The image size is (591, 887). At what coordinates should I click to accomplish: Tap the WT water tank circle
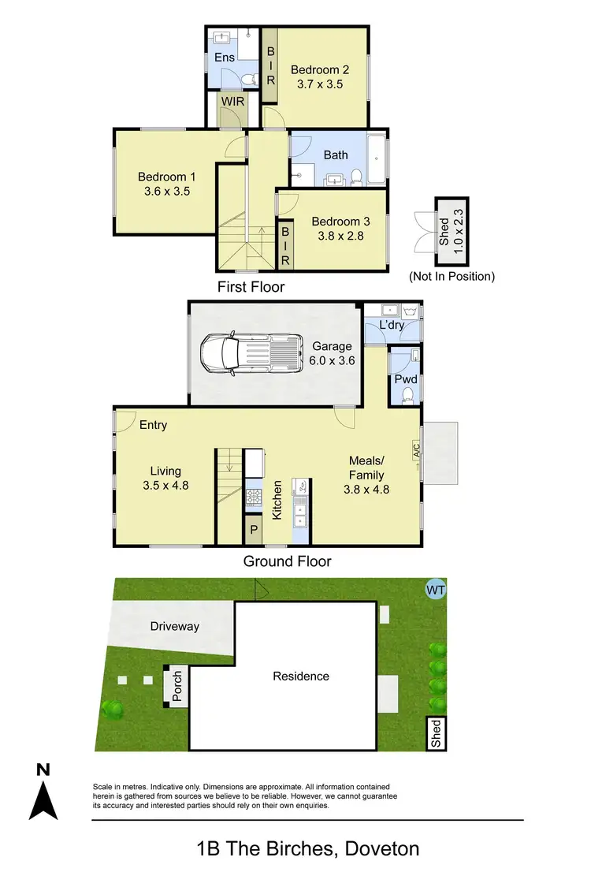click(x=434, y=589)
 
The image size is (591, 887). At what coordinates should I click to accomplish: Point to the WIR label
click(x=232, y=102)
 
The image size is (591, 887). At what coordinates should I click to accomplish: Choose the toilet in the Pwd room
click(x=407, y=398)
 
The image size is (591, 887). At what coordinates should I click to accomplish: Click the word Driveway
click(x=174, y=626)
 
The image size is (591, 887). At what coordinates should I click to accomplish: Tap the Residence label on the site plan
click(x=301, y=676)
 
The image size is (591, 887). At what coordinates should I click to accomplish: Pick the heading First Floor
click(x=251, y=287)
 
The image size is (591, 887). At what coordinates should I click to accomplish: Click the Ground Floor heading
click(x=287, y=561)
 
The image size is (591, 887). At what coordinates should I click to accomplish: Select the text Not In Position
click(x=452, y=276)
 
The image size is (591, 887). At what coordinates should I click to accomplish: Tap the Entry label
click(x=153, y=425)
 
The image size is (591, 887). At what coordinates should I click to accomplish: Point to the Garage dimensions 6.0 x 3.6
click(x=333, y=360)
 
